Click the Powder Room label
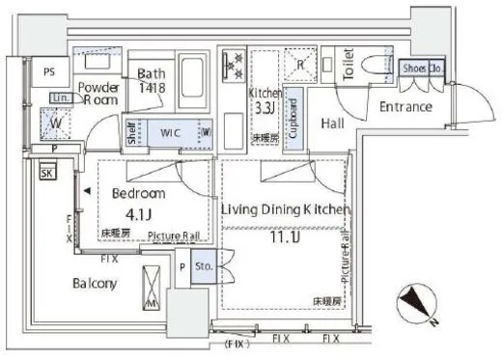click(98, 91)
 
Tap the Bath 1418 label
click(153, 80)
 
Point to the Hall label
click(334, 124)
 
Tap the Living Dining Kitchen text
click(284, 209)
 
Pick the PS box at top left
click(48, 70)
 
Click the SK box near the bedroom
click(47, 174)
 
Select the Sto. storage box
click(203, 266)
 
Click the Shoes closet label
click(414, 69)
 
